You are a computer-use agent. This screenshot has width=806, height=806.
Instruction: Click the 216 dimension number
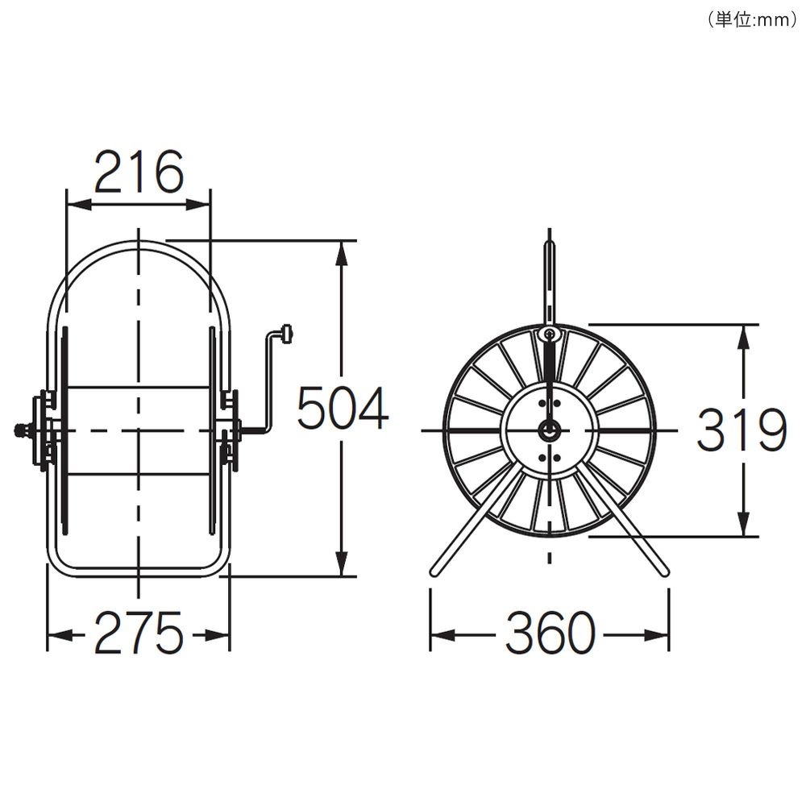(x=139, y=172)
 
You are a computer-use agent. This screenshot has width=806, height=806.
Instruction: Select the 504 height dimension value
(x=343, y=408)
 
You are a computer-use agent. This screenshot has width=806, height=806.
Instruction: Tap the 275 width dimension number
(x=139, y=632)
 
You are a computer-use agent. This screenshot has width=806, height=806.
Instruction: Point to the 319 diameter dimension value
(x=742, y=430)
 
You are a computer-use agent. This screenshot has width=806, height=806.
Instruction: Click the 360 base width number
(x=550, y=633)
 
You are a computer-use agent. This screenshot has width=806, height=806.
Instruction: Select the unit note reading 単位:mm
(x=752, y=19)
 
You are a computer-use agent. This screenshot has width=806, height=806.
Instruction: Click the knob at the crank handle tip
(x=287, y=334)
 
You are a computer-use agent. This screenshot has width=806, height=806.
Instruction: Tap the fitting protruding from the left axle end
(x=22, y=430)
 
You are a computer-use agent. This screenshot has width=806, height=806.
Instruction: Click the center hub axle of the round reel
(x=550, y=430)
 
